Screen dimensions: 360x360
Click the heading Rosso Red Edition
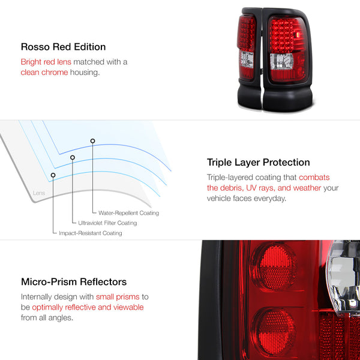(63, 47)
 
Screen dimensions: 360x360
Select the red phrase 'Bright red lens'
(46, 62)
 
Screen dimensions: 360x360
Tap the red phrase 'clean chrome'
(44, 73)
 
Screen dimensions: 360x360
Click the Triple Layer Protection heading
(258, 163)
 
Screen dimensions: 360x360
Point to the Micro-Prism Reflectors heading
(74, 282)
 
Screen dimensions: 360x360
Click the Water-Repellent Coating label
(128, 213)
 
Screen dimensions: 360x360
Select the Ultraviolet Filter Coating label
(107, 223)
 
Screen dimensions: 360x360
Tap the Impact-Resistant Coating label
(91, 233)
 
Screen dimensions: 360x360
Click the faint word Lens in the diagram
(39, 193)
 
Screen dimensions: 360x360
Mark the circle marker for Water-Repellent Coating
(92, 141)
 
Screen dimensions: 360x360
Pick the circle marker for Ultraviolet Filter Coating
(73, 157)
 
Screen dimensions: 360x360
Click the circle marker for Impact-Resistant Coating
(53, 175)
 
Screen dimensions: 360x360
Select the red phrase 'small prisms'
(118, 297)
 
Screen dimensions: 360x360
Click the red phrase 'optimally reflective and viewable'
(88, 307)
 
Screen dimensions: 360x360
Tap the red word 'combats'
(314, 177)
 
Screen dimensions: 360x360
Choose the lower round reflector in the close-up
(274, 331)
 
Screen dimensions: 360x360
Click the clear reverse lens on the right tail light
(282, 61)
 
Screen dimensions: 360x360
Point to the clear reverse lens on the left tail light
(247, 59)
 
